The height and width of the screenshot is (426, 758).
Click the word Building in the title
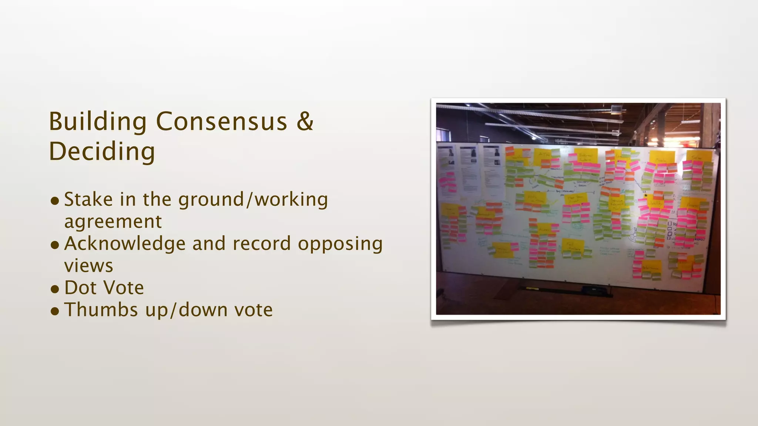(x=98, y=122)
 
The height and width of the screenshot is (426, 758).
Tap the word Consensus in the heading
(x=221, y=122)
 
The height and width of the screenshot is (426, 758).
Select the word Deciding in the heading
(x=102, y=152)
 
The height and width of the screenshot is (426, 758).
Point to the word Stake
(x=88, y=199)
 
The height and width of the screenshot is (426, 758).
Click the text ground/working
(x=253, y=200)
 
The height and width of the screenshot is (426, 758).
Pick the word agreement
(x=113, y=222)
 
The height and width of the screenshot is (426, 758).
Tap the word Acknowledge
(x=125, y=244)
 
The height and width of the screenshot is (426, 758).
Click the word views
(x=88, y=266)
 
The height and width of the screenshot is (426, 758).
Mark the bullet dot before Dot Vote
(x=55, y=288)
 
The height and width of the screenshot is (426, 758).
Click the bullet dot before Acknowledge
(x=55, y=244)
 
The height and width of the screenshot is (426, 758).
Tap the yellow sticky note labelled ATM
(x=543, y=156)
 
